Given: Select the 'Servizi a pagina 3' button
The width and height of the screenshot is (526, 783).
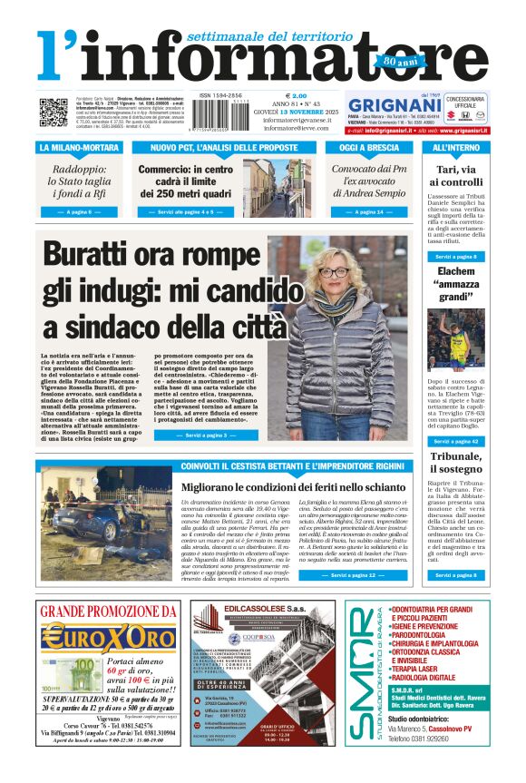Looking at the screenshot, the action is pos(206,436).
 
